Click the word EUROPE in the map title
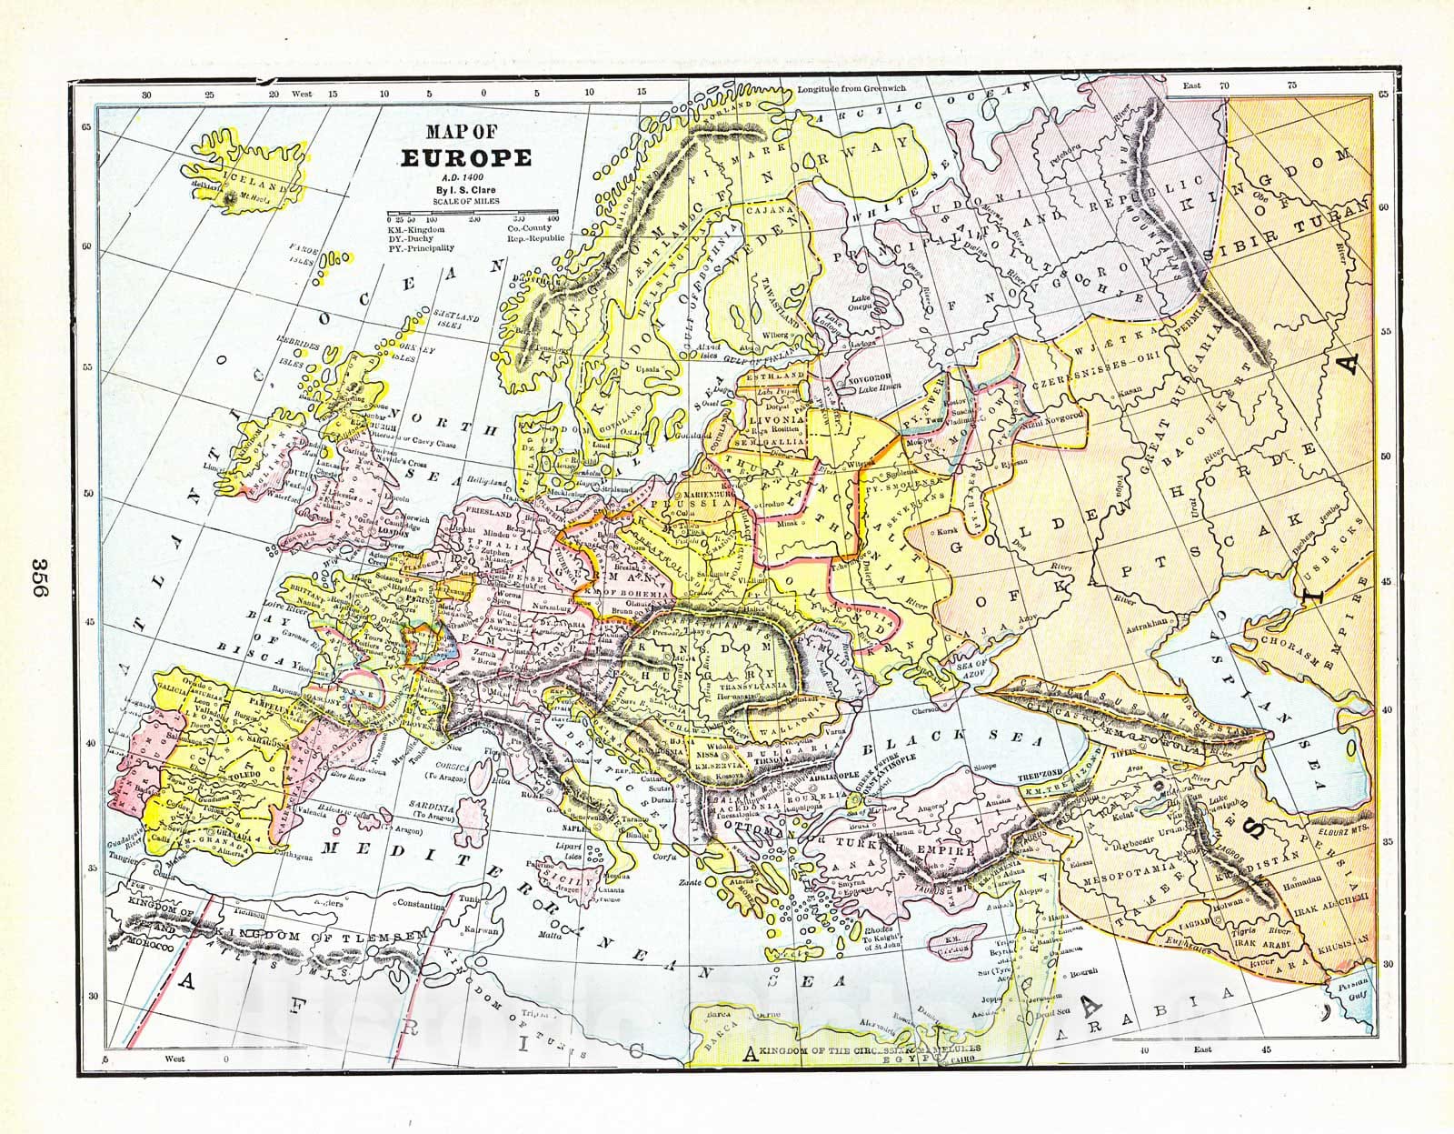pos(466,156)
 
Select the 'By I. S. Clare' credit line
pos(466,189)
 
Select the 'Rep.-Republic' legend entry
pos(535,237)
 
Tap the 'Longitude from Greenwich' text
pos(851,89)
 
